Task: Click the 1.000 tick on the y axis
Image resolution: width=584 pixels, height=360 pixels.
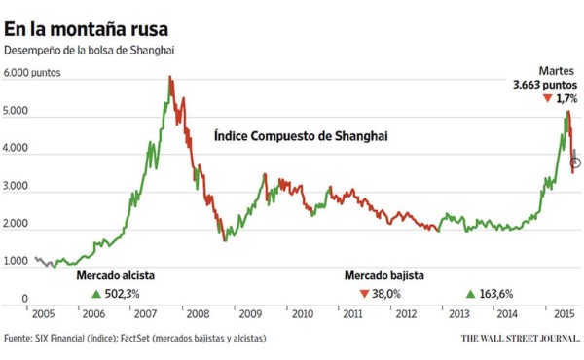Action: [18, 262]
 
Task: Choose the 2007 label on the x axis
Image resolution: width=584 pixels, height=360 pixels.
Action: [145, 314]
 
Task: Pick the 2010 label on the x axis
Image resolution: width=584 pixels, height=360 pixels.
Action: [302, 314]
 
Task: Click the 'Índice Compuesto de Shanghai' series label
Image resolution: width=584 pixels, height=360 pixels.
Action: [301, 137]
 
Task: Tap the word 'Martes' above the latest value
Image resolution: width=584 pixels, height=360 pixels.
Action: [558, 71]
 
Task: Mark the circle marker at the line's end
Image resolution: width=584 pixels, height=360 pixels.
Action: [576, 162]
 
